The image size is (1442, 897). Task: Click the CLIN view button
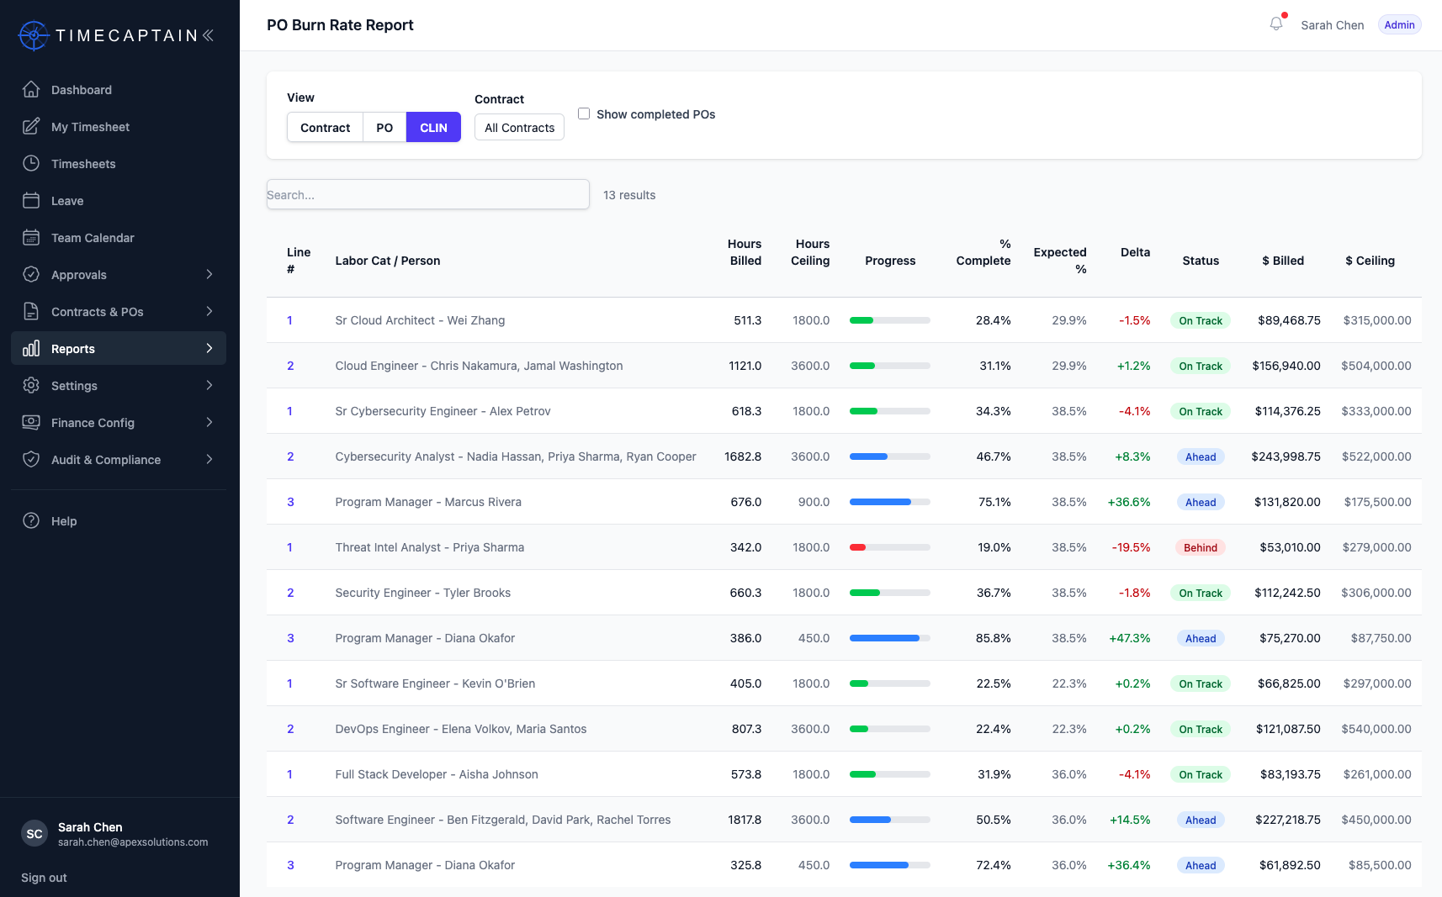[433, 128]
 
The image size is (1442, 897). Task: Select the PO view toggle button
[384, 128]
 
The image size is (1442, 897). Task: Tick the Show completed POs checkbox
[584, 113]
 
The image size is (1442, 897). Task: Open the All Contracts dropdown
[519, 128]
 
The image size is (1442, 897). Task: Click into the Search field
[428, 194]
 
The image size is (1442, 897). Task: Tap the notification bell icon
[1276, 24]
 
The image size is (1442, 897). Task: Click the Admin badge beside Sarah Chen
[1399, 24]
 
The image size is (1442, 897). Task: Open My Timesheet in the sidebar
[90, 127]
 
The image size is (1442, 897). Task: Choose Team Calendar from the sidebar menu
[93, 237]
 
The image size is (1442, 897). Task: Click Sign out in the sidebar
[44, 878]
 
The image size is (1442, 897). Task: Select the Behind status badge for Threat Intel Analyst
[1200, 547]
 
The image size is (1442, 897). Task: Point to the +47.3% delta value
[1130, 638]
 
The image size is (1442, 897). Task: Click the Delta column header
[1135, 252]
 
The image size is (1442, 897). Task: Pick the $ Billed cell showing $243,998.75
[1286, 456]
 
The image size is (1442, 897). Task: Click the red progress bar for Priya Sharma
[857, 547]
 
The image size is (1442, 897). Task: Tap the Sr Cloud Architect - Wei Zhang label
[420, 320]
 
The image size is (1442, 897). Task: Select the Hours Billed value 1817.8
[745, 820]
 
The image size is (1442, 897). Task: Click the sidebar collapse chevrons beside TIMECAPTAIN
[208, 35]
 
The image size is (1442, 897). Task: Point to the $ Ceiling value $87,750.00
[1381, 638]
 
